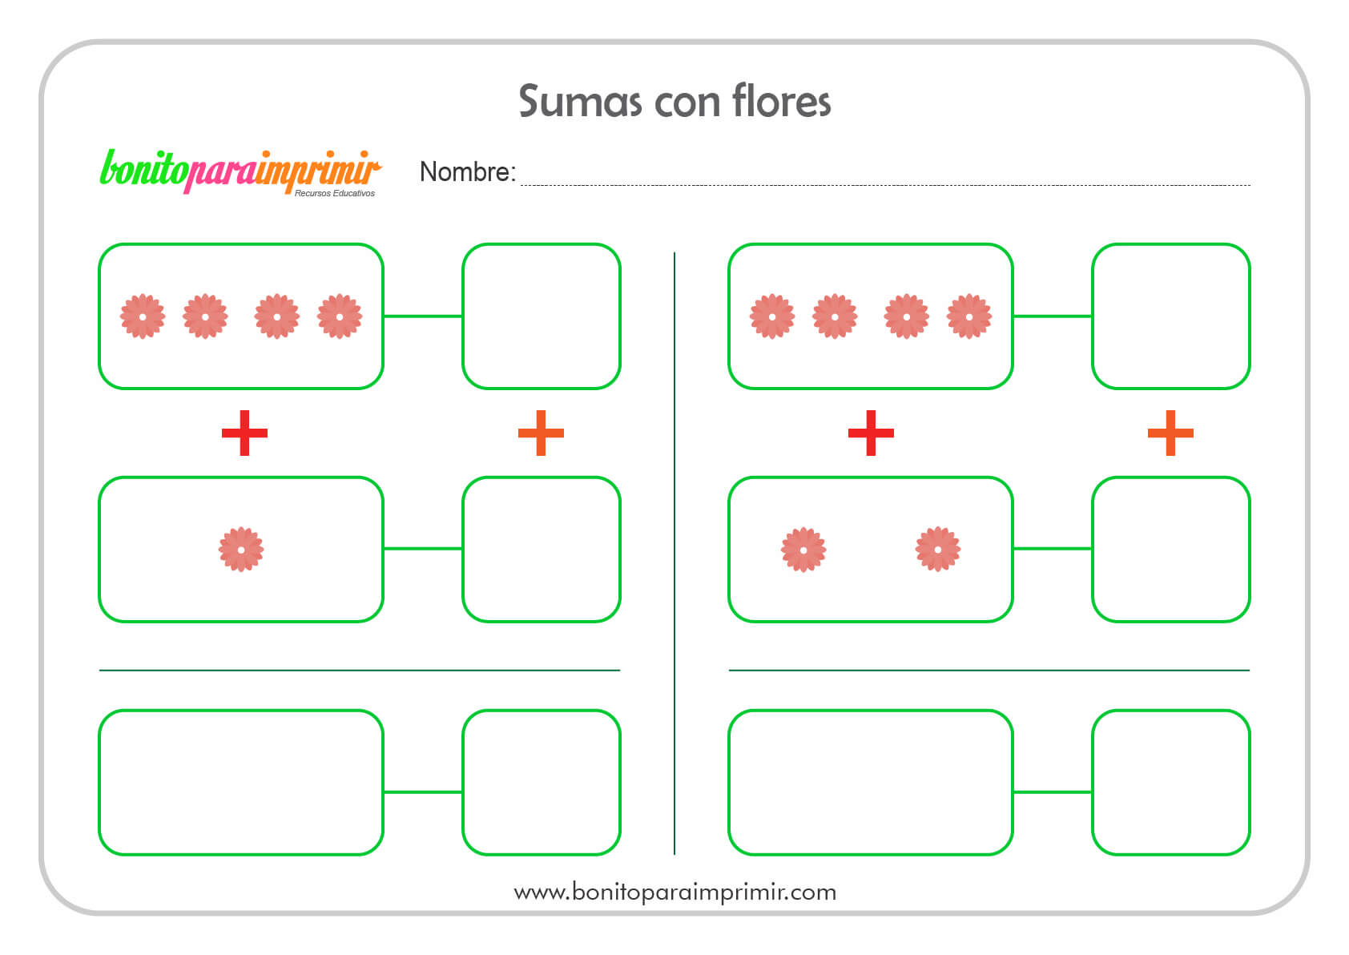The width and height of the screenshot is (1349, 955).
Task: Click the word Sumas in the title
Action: coord(580,101)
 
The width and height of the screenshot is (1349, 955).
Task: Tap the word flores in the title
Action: coord(781,100)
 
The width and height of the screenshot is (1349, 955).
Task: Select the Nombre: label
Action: coord(467,172)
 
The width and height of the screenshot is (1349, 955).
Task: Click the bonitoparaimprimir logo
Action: coord(240,172)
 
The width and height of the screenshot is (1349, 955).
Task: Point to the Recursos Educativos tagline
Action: coord(334,193)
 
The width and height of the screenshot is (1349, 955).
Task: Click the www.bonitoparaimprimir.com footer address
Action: coord(674,892)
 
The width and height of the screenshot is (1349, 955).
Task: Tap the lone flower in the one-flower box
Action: coord(241,549)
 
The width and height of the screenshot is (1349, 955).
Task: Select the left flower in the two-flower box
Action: coord(803,549)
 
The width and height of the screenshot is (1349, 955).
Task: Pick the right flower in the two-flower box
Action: coord(938,549)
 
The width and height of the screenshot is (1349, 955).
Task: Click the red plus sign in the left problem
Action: coord(244,433)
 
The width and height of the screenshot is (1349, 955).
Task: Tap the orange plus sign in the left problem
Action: coord(541,433)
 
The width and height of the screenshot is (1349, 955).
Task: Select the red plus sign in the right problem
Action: coord(871,433)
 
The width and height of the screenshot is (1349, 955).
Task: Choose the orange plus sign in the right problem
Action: coord(1170,433)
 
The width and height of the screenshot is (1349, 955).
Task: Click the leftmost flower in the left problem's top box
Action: coord(142,316)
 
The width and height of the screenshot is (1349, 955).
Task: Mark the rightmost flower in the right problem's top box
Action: coord(969,316)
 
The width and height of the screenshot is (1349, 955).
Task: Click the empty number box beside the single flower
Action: coord(542,549)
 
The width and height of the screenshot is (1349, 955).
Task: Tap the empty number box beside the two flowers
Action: coord(1170,549)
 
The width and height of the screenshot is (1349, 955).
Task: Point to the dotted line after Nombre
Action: coord(885,185)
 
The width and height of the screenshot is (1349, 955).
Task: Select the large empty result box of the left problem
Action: coord(241,782)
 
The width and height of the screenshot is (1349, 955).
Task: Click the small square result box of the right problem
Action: coord(1170,782)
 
